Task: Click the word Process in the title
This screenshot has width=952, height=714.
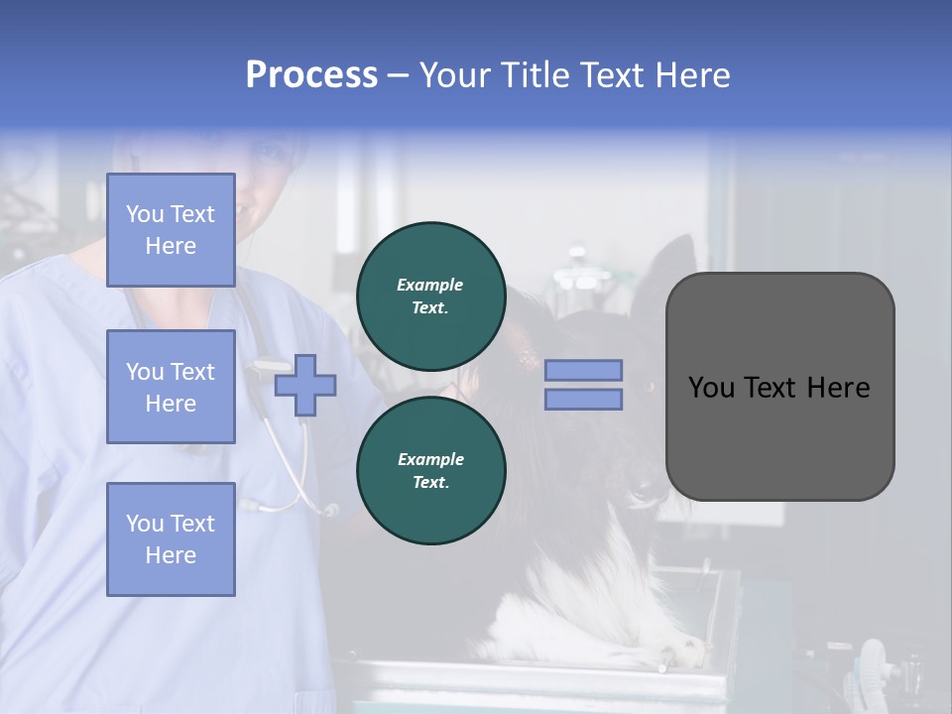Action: (311, 75)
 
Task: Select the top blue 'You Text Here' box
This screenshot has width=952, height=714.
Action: (171, 230)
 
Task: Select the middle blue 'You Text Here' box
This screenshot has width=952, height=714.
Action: (171, 387)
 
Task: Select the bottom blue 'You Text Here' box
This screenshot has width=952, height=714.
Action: (171, 538)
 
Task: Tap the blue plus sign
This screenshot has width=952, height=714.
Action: (305, 384)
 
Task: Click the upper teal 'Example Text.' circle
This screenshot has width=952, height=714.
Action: (430, 296)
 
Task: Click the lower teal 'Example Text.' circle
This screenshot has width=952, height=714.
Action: (430, 470)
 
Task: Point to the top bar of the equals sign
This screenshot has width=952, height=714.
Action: (583, 371)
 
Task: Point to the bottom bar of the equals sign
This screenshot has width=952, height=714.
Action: (583, 399)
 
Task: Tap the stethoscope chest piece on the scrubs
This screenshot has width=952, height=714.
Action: (327, 510)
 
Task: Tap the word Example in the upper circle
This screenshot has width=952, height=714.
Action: (429, 285)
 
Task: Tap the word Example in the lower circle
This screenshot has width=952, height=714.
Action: (430, 459)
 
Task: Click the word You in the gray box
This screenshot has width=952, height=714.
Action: (711, 388)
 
